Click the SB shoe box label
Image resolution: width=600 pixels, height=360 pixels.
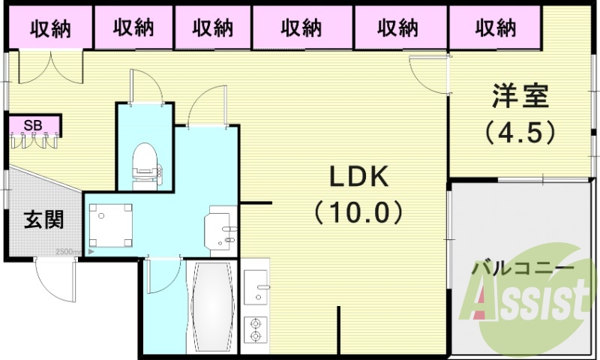[x=32, y=124]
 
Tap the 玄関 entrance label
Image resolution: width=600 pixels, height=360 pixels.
[x=43, y=220]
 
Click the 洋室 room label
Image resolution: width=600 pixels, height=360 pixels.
[x=520, y=97]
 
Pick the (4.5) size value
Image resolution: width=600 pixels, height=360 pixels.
[x=520, y=132]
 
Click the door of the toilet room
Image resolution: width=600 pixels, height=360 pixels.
[x=145, y=86]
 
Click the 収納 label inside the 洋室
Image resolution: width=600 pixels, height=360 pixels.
[x=496, y=28]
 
